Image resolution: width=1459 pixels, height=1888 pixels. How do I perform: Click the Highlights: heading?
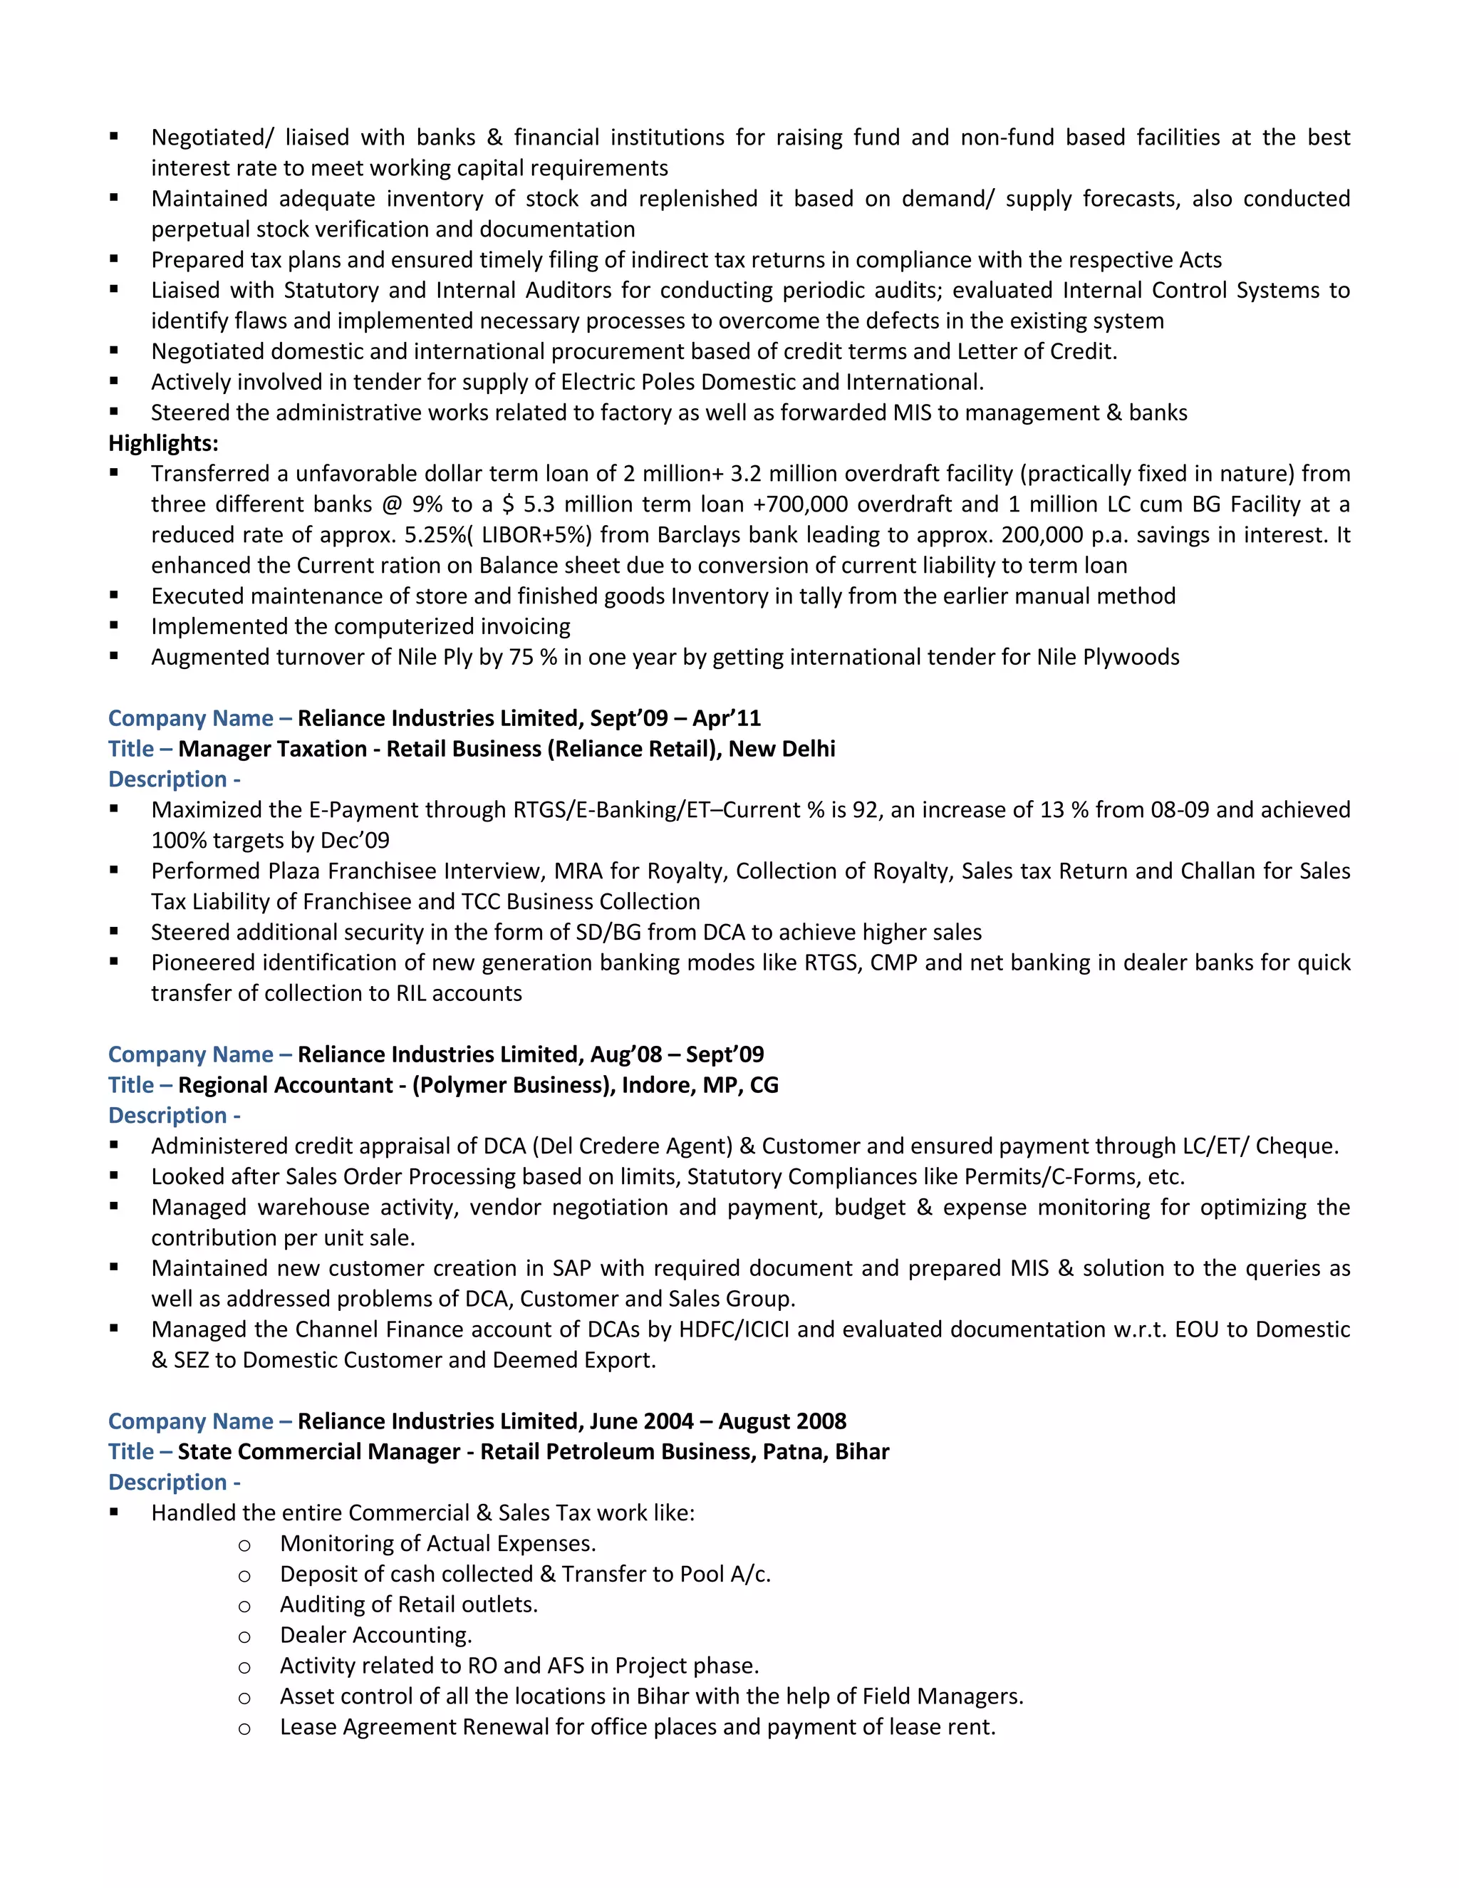pos(163,443)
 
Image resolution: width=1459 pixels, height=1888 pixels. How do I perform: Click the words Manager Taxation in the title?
pos(272,749)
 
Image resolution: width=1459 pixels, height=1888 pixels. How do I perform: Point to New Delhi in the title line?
pos(782,749)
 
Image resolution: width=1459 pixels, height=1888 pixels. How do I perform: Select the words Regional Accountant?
pos(285,1085)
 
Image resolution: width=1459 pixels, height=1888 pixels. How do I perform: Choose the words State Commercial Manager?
pos(319,1451)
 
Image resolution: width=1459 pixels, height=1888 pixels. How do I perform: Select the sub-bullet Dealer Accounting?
pos(376,1634)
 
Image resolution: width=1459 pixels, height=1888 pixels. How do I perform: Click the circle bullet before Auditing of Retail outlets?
pos(244,1606)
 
